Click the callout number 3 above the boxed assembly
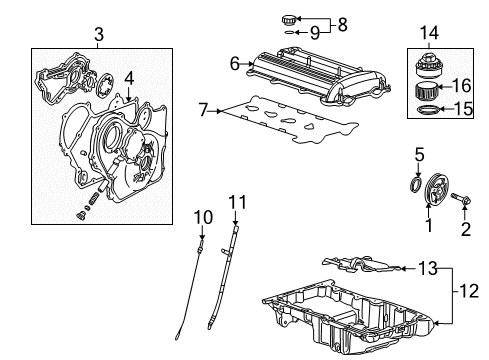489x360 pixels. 99,34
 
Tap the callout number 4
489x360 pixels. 129,79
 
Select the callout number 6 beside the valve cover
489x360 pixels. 235,63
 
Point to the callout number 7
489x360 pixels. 203,110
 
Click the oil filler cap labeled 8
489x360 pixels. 289,20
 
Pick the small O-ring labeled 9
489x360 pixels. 289,32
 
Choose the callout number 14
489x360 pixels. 429,33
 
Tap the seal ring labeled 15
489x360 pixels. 428,109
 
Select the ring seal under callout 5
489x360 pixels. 415,185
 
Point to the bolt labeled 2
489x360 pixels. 461,199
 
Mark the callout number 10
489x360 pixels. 203,217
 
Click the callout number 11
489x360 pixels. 237,202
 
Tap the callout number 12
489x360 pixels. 469,291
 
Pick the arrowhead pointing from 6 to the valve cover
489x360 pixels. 251,63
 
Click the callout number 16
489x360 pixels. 462,86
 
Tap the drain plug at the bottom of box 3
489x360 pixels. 80,216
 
